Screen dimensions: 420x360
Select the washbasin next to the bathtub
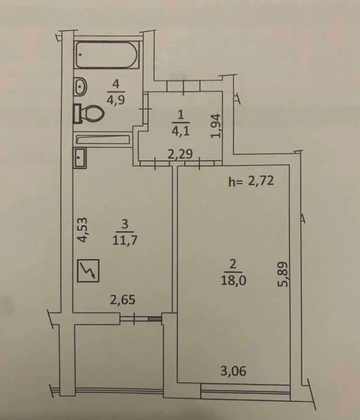pos(81,86)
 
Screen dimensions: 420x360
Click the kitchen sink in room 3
pos(80,158)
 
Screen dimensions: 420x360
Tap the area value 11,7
pos(124,241)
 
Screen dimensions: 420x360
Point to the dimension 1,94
pos(215,126)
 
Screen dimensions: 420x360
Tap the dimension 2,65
pos(123,300)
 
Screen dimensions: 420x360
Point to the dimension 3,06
pos(233,371)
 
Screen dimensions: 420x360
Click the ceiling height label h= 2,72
pos(250,182)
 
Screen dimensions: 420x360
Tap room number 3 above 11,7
pos(124,225)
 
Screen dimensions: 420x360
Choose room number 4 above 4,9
pos(116,84)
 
